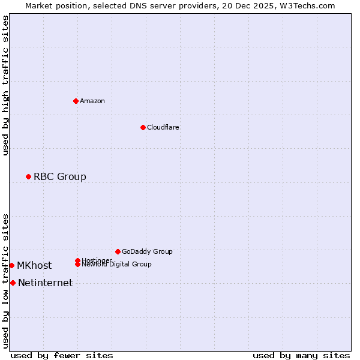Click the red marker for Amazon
point(76,101)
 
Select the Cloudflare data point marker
point(143,127)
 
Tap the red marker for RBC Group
point(28,176)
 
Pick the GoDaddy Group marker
point(118,251)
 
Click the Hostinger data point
point(77,260)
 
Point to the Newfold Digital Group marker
point(77,264)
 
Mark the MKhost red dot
point(11,265)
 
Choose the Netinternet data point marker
point(13,283)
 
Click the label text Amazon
point(92,101)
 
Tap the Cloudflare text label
point(163,127)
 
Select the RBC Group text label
point(60,176)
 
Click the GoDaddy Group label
point(147,251)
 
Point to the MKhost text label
point(34,265)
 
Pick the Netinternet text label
point(46,283)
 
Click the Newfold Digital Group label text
point(116,264)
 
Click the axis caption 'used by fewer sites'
point(62,355)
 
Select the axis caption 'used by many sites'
point(301,355)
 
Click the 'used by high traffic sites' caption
point(5,86)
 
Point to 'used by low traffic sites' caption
point(5,281)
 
